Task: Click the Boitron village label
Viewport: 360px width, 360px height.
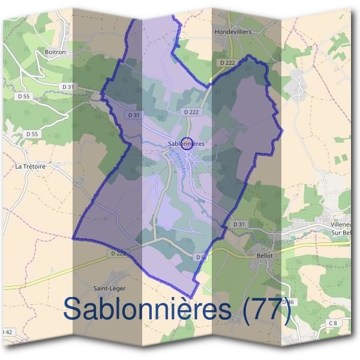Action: (55, 52)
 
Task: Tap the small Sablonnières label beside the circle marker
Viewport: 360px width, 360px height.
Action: (186, 144)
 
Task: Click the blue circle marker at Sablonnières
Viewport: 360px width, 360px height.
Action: (187, 143)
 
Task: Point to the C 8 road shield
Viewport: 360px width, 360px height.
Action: (332, 323)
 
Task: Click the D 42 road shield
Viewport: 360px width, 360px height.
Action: (7, 332)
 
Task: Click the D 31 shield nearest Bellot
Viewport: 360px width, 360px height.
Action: (239, 224)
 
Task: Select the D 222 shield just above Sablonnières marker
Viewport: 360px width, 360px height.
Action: (191, 112)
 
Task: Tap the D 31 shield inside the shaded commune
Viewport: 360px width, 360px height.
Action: (134, 115)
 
